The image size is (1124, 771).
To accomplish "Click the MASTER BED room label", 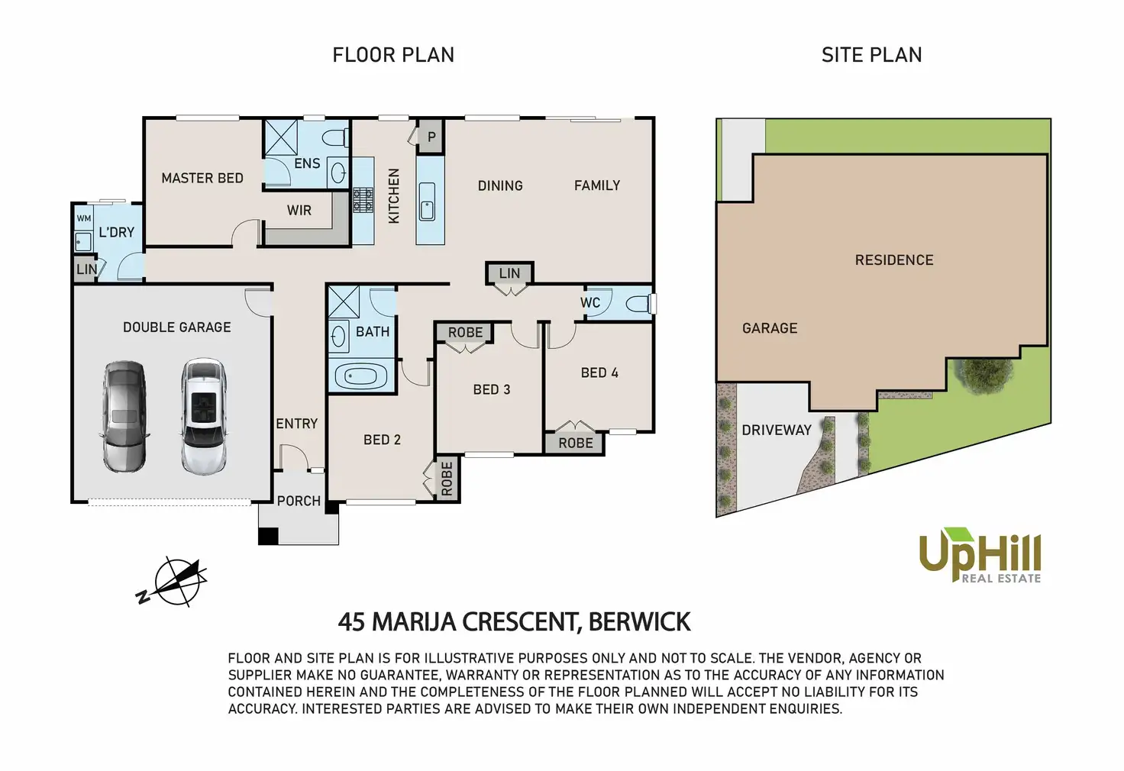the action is point(202,178).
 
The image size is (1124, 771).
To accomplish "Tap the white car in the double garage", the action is point(203,416).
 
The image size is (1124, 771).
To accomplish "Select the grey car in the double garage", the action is point(125,416).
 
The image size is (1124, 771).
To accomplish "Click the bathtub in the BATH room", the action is point(360,376).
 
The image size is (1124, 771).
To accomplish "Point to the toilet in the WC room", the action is point(641,303).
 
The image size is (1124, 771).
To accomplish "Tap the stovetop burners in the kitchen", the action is point(363,200).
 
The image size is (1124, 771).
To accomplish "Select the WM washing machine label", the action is point(84,218).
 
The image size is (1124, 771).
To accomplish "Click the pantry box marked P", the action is point(431,137).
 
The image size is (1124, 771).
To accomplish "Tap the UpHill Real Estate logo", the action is point(980,555).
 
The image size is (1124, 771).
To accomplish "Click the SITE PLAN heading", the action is point(871,55).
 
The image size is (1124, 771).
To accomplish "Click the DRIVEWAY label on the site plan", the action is point(777,430).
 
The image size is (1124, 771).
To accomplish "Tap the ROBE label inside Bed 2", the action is point(447,479).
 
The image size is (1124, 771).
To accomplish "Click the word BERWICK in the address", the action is point(639,622).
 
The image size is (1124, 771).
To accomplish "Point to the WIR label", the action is point(299,210).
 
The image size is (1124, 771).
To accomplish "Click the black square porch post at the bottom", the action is point(269,535).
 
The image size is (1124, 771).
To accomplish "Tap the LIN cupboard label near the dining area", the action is point(509,273).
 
